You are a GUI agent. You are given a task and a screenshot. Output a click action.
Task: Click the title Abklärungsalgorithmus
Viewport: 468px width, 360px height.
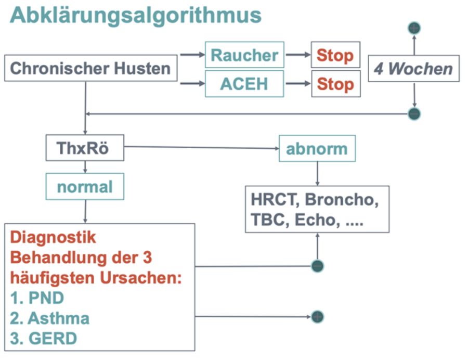[135, 16]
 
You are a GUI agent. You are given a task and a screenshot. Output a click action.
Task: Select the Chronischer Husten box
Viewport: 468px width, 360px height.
[90, 68]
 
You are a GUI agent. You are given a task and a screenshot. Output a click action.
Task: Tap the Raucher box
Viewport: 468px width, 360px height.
[244, 55]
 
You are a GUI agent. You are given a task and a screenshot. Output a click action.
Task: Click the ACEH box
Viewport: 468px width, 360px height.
[244, 83]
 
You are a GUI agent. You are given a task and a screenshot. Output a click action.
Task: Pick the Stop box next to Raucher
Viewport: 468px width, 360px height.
[335, 55]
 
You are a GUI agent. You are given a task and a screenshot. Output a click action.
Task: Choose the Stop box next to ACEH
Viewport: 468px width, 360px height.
[335, 84]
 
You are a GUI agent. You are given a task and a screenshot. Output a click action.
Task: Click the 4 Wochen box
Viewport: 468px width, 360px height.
[413, 69]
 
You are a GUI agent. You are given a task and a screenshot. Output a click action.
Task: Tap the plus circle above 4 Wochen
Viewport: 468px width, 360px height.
[414, 28]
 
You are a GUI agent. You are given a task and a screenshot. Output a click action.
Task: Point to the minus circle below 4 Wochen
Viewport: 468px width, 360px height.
[414, 113]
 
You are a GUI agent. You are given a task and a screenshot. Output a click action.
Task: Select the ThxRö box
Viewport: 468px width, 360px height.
[84, 149]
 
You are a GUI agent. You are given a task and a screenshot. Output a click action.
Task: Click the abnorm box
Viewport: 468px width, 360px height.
[317, 149]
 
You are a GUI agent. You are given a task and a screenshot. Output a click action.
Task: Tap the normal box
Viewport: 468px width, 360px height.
[85, 186]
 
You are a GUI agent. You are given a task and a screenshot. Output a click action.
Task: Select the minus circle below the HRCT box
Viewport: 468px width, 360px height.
[317, 266]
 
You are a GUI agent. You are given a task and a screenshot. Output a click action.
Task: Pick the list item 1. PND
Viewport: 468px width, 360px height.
[37, 298]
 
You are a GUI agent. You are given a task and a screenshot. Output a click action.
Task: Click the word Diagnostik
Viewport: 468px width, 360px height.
[54, 238]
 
